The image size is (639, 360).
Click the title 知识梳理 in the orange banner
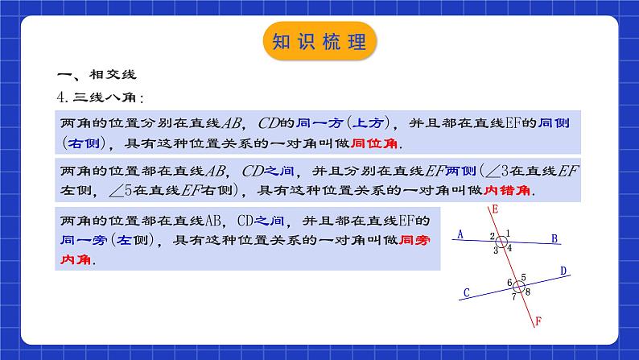(319, 42)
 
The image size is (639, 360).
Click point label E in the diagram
(493, 209)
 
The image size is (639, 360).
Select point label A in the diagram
(459, 235)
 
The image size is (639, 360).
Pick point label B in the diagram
(554, 238)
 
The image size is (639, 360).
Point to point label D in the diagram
(563, 271)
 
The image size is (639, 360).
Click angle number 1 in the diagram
(509, 234)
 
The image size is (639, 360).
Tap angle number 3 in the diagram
(496, 250)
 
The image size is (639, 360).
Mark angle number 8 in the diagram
(527, 292)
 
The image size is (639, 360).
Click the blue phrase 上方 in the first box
(361, 123)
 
